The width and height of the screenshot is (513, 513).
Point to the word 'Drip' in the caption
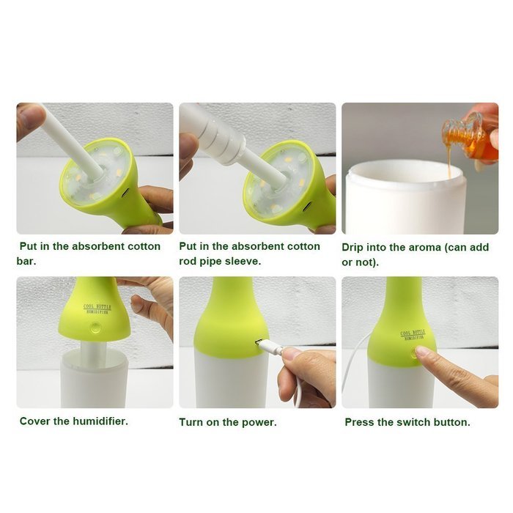pos(355,247)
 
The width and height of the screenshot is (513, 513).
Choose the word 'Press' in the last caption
pos(361,422)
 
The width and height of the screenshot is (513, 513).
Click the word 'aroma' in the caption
pos(423,247)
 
